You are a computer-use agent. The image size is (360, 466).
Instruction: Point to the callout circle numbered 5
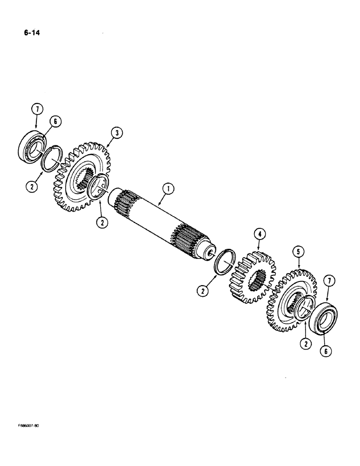[298, 253]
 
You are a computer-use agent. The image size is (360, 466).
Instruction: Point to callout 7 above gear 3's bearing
[38, 110]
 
